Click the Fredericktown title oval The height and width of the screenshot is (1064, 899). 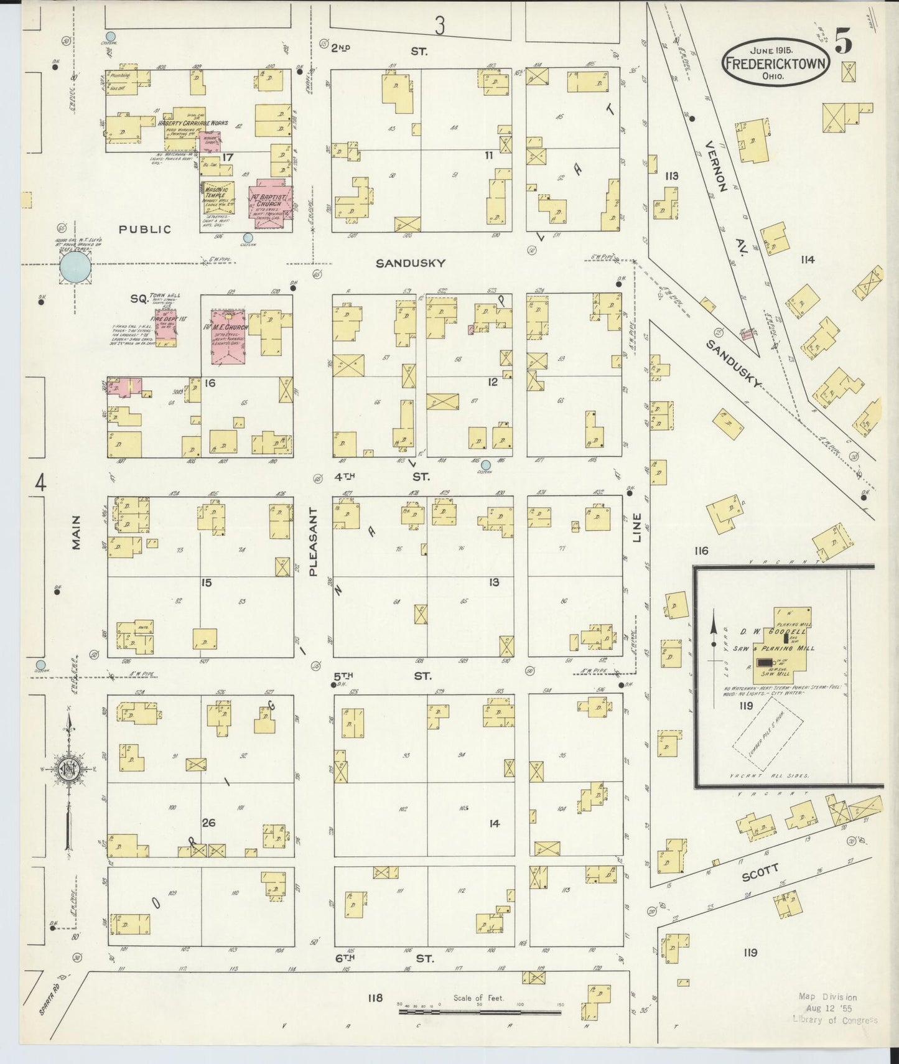[x=775, y=63]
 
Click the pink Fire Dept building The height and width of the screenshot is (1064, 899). [x=166, y=326]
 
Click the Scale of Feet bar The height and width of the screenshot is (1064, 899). [x=479, y=1012]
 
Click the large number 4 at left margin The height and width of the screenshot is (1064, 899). [x=40, y=483]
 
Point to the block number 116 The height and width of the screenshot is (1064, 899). [x=702, y=551]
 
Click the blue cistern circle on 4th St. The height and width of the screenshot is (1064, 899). [x=486, y=464]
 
